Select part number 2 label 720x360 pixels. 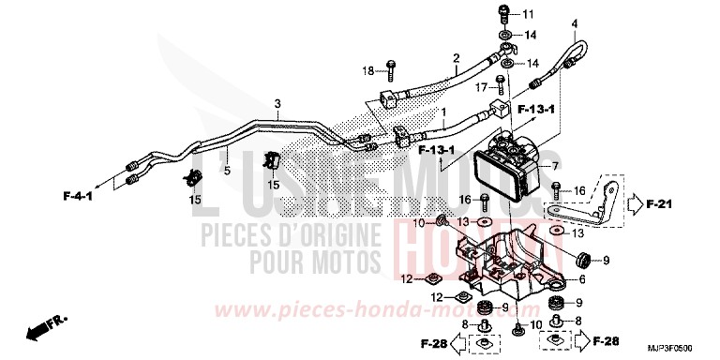pyautogui.click(x=456, y=58)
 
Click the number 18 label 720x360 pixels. pyautogui.click(x=369, y=70)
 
